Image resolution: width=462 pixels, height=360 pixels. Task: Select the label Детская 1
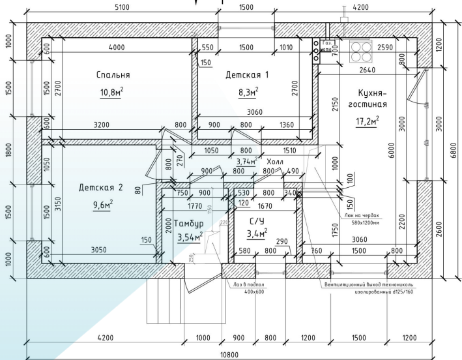[247, 74]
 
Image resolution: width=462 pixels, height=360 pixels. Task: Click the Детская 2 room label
[100, 187]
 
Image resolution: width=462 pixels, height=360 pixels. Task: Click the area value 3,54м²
[190, 237]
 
